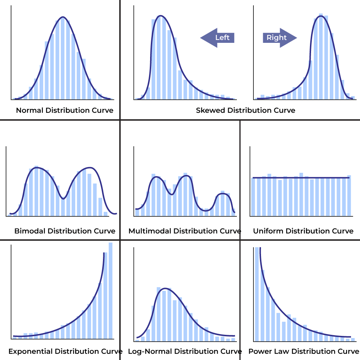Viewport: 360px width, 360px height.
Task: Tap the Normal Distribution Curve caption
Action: pos(64,111)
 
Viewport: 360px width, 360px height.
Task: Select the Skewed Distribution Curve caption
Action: pos(246,111)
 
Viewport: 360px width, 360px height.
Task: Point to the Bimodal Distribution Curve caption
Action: pos(65,231)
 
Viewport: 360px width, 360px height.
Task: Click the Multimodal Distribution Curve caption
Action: pos(185,231)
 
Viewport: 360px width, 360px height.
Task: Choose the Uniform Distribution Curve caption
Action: pos(303,231)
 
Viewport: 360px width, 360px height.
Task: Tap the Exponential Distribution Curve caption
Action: pos(65,351)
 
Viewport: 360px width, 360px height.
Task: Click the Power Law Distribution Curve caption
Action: pos(303,351)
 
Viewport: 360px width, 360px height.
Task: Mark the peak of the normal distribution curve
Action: pos(63,17)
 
